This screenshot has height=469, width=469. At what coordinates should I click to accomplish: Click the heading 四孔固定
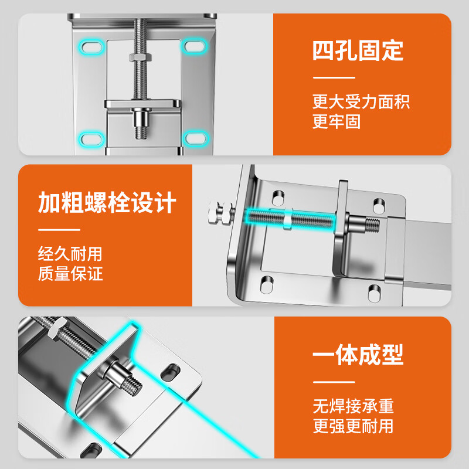pyautogui.click(x=358, y=50)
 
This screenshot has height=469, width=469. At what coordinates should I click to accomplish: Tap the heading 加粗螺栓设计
pyautogui.click(x=107, y=202)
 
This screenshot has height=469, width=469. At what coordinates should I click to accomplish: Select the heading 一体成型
pyautogui.click(x=358, y=355)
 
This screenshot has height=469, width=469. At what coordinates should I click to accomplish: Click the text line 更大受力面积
pyautogui.click(x=361, y=101)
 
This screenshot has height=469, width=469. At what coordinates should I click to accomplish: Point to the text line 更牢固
pyautogui.click(x=337, y=121)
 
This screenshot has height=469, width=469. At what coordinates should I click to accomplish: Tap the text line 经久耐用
pyautogui.click(x=70, y=254)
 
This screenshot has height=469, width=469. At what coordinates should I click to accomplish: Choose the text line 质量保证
pyautogui.click(x=70, y=273)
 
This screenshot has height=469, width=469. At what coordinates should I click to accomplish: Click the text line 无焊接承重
pyautogui.click(x=354, y=406)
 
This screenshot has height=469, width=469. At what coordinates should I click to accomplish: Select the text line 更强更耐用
pyautogui.click(x=353, y=426)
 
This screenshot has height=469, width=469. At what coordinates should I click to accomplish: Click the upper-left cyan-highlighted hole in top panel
pyautogui.click(x=91, y=47)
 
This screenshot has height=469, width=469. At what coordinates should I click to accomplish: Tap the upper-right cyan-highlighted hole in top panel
pyautogui.click(x=194, y=46)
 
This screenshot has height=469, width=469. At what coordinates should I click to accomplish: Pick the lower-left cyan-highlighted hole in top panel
pyautogui.click(x=91, y=139)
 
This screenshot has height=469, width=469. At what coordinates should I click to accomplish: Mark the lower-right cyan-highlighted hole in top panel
pyautogui.click(x=195, y=138)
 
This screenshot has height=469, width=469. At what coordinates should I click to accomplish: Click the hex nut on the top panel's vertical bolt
pyautogui.click(x=141, y=57)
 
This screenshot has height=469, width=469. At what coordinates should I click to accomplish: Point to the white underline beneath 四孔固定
pyautogui.click(x=334, y=77)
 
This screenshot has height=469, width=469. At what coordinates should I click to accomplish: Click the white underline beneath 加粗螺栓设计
pyautogui.click(x=59, y=230)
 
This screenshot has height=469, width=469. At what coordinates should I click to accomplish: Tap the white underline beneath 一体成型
pyautogui.click(x=334, y=382)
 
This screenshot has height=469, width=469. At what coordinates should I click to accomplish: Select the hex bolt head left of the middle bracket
pyautogui.click(x=221, y=212)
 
